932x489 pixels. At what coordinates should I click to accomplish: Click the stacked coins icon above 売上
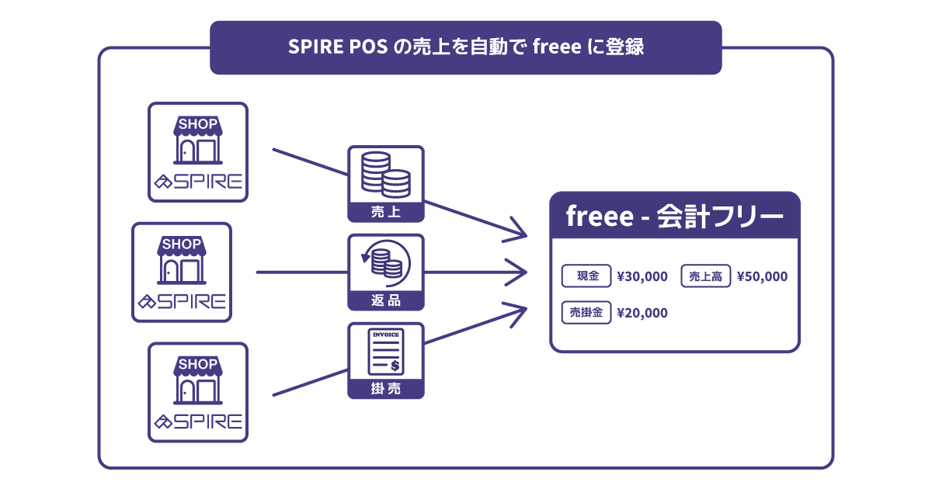386,175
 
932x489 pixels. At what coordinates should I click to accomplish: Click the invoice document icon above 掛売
386,352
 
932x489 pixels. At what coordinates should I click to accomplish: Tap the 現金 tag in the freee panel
586,276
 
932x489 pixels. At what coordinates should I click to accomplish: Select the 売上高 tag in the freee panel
706,276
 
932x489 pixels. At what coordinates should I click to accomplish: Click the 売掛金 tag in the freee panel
586,313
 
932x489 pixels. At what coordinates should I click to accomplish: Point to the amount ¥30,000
642,276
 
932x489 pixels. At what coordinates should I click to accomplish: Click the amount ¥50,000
762,276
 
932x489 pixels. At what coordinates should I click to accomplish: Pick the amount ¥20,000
642,313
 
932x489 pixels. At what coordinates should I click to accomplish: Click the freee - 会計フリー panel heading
674,216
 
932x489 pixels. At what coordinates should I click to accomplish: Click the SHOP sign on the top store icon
198,124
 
